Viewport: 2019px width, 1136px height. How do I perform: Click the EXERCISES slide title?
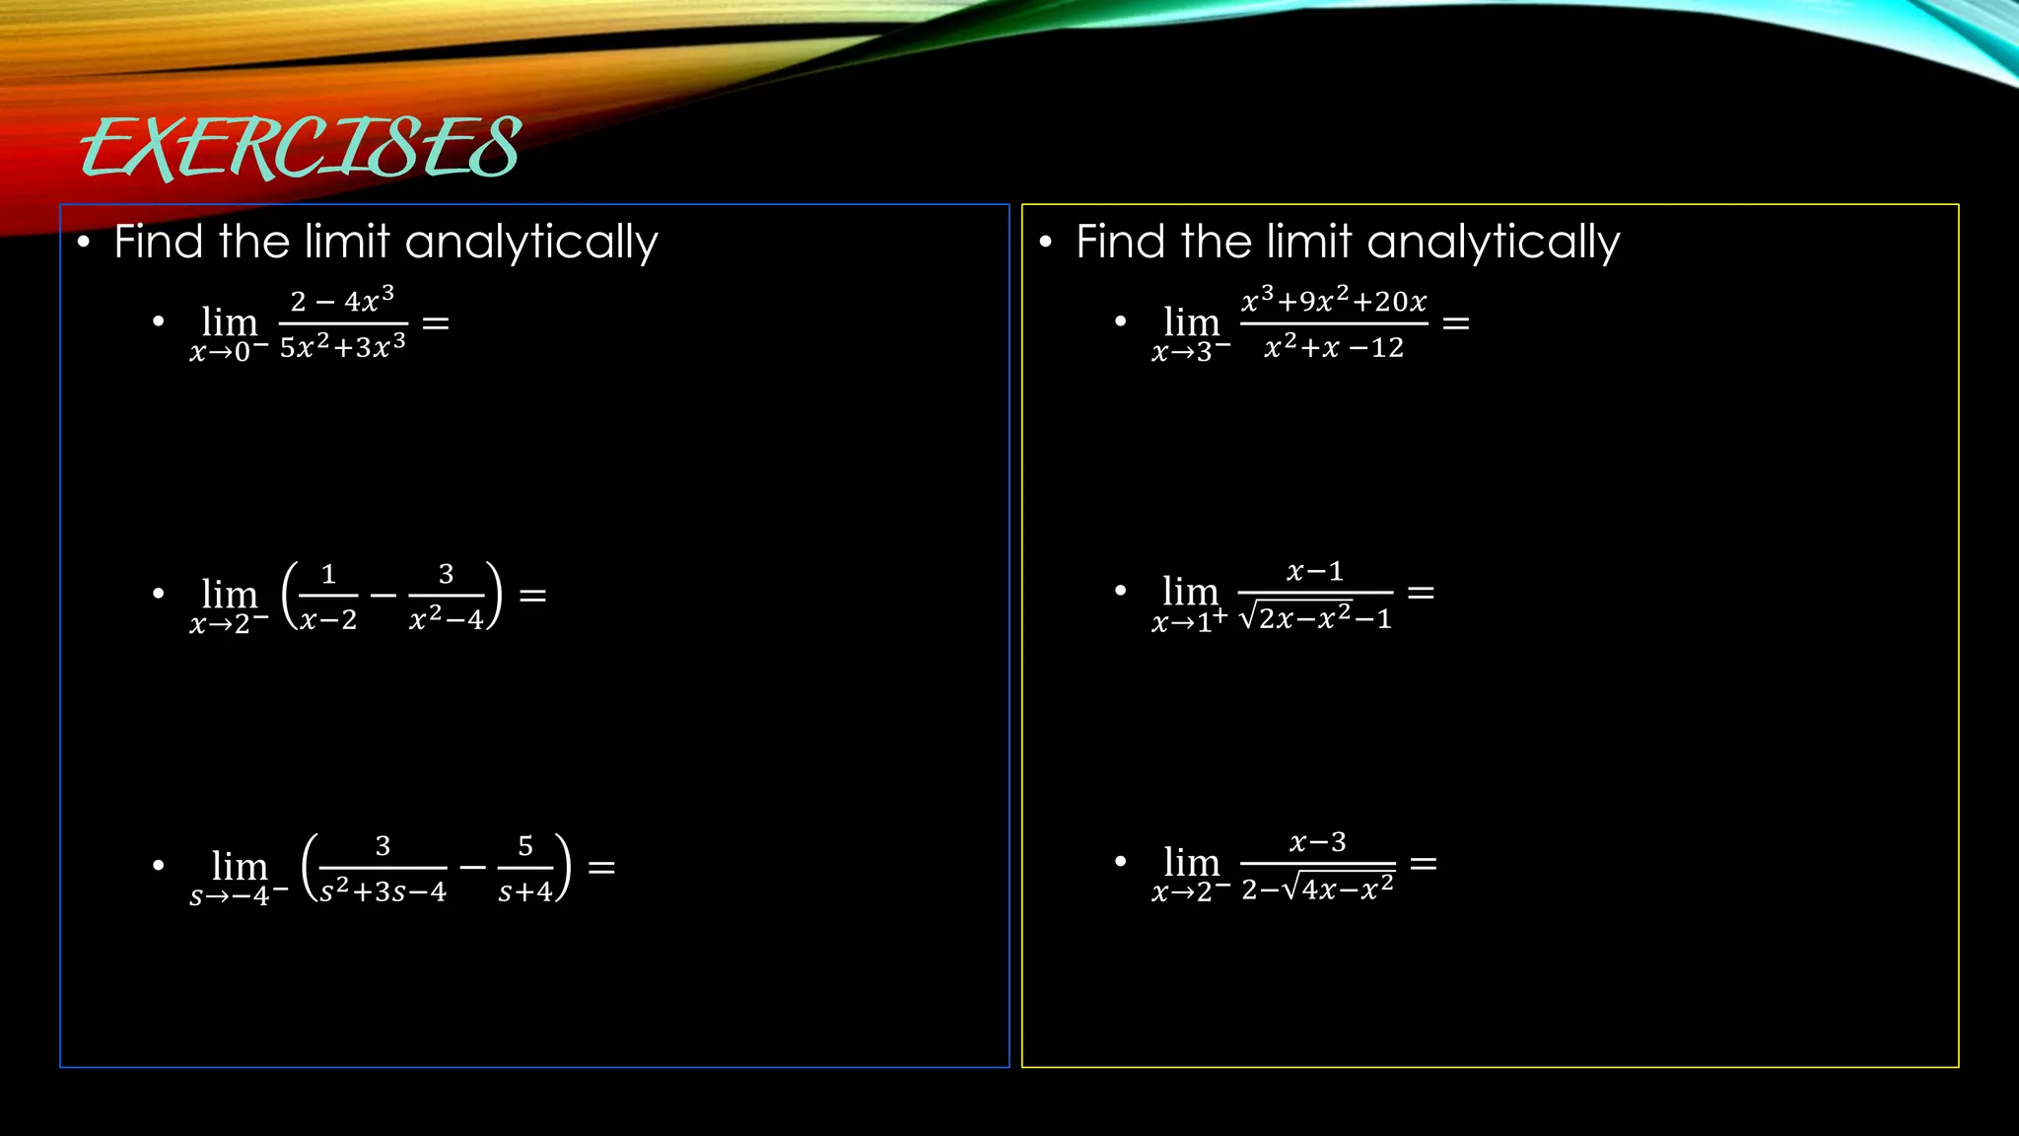(x=301, y=148)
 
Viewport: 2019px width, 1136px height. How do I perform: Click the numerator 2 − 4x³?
(x=342, y=300)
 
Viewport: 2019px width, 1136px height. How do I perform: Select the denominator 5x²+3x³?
(x=342, y=346)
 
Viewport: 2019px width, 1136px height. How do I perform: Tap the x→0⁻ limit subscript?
(x=229, y=352)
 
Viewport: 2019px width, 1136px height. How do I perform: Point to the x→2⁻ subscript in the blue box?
(x=229, y=624)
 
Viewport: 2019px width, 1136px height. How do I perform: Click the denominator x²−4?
(x=446, y=618)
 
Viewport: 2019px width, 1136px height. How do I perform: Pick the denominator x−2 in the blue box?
(x=328, y=619)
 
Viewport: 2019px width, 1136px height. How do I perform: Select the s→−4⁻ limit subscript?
(x=239, y=896)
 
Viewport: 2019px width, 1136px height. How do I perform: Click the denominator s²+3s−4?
(x=383, y=890)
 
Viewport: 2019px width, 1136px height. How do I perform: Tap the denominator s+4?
(x=524, y=891)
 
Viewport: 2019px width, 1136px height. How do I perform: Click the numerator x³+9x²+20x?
(x=1334, y=300)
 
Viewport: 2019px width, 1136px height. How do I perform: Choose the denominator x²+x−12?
(x=1334, y=346)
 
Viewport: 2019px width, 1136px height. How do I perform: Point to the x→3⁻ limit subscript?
(x=1191, y=352)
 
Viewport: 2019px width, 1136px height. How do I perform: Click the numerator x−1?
(x=1315, y=571)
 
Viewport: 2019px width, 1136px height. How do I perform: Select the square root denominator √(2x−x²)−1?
(x=1315, y=618)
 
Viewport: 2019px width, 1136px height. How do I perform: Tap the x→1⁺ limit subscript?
(x=1190, y=621)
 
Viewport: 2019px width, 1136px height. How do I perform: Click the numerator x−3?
(x=1318, y=842)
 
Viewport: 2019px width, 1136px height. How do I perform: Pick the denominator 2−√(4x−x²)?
(x=1318, y=888)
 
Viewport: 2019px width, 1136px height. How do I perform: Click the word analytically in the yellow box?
(x=1493, y=243)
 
